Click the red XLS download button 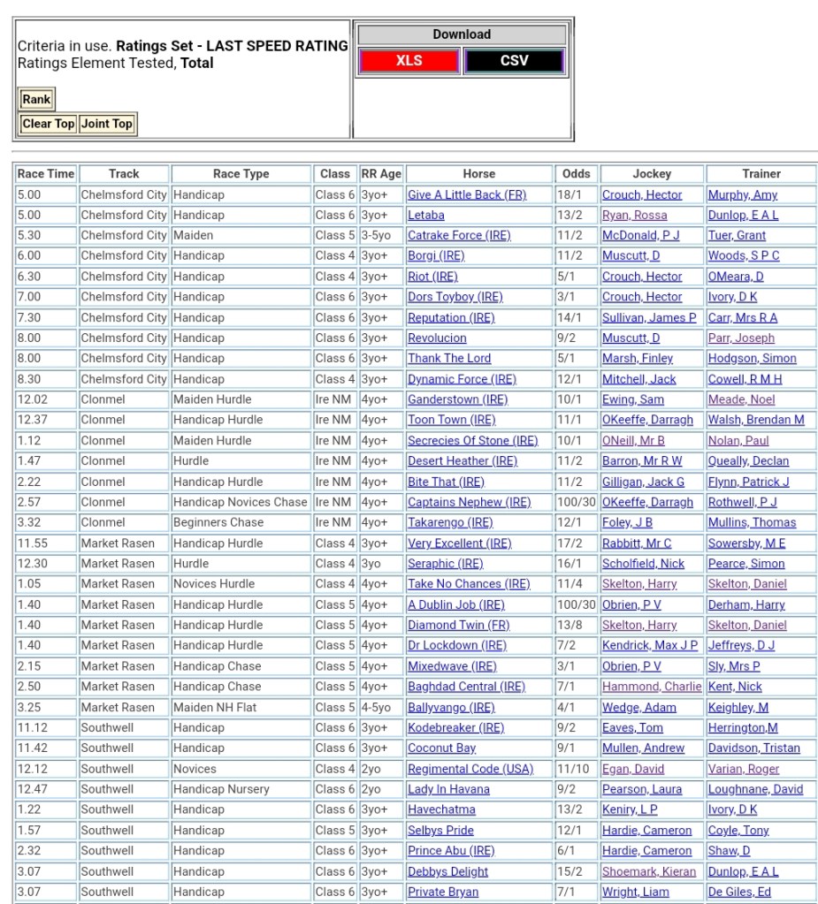point(409,61)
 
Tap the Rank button point(36,99)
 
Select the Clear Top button point(49,124)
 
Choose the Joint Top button point(107,124)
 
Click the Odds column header point(576,174)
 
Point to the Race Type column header point(241,174)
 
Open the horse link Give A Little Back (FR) point(466,194)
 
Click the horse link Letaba point(425,215)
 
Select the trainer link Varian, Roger point(744,769)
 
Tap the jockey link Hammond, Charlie point(652,687)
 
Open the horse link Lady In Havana point(448,789)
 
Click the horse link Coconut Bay point(441,748)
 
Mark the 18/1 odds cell point(567,194)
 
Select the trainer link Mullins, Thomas point(752,522)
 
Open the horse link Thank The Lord point(448,358)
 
